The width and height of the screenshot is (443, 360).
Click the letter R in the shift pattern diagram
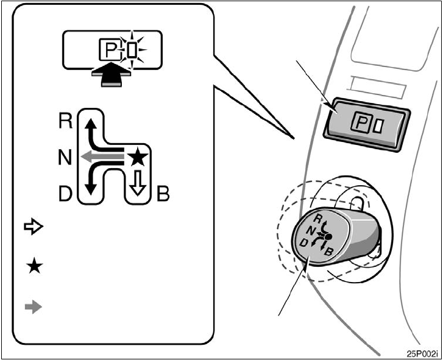tap(66, 121)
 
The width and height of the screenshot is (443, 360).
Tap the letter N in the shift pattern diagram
tap(65, 158)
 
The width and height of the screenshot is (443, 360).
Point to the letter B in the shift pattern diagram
tap(163, 195)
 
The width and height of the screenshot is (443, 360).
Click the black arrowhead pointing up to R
tap(90, 124)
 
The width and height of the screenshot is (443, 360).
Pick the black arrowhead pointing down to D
tap(90, 189)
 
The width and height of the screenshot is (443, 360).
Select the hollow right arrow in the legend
tap(34, 227)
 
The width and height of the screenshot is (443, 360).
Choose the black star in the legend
tap(34, 267)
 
